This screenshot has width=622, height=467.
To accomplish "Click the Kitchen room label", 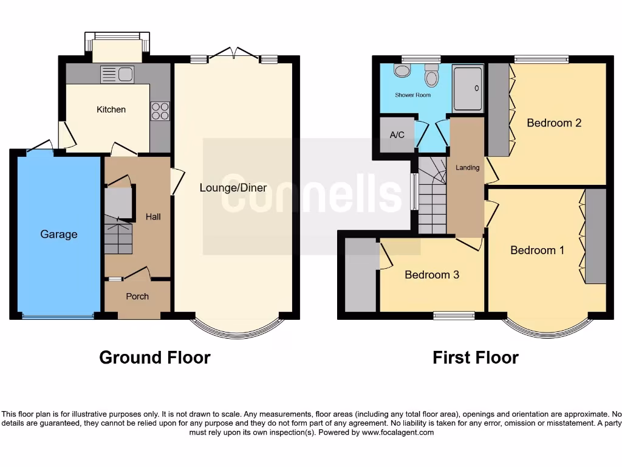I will pos(111,109).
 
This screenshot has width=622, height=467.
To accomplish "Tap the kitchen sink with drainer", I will pos(117,75).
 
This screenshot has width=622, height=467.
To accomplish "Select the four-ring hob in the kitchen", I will pos(160,111).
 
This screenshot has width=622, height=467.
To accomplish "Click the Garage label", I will pos(59,234).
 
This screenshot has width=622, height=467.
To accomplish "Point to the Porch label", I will pos(137,296).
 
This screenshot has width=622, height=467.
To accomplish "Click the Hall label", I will pos(153,216).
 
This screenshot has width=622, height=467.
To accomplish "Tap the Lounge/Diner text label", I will pos(233,188).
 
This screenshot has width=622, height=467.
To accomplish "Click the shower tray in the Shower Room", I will pos(468,88).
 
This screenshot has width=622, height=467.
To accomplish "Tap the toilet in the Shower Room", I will pos(432,76).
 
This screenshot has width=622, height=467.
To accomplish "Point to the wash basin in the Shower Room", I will pos(402,71).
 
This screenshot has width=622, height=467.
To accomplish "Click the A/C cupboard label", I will pos(397,134).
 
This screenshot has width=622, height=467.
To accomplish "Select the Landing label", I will pos(468,168).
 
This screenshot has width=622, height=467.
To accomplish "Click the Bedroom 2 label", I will pos(554,123).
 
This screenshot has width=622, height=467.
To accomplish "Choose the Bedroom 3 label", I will pos(432,275).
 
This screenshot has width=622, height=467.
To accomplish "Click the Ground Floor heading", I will pos(155,358).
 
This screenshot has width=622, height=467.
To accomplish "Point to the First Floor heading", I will pos(476,358).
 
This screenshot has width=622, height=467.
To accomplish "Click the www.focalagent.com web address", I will pos(398,433).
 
